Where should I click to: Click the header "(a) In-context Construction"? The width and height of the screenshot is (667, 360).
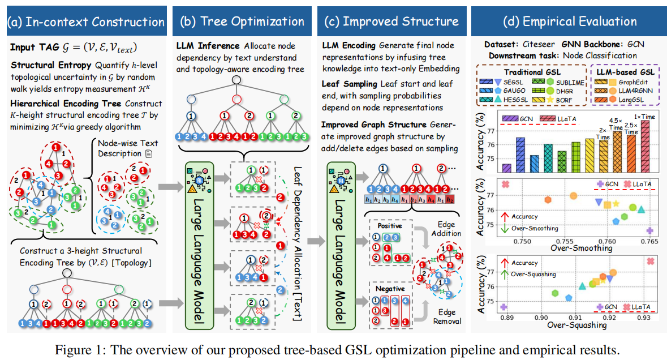point(84,22)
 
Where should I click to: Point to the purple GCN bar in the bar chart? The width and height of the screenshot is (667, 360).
point(506,168)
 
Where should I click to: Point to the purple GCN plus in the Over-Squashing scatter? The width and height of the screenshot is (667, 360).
point(503,307)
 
